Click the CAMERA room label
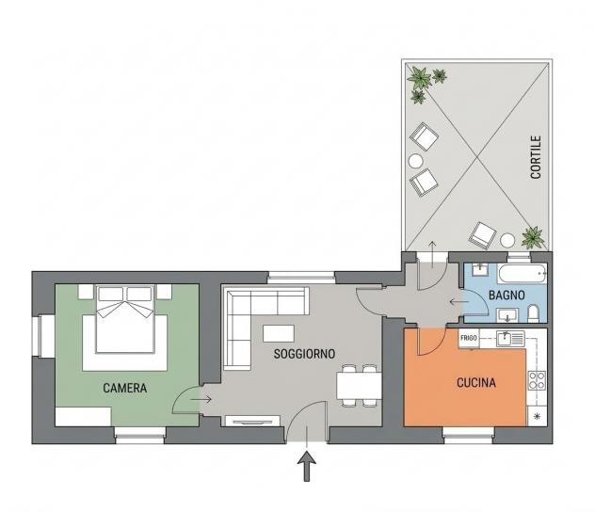coord(125,388)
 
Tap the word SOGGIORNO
coord(304,354)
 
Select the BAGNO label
coord(507,296)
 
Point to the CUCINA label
coord(476,383)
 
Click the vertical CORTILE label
coord(536,157)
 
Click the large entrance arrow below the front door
coord(307,466)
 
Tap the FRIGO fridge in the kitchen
coord(469,338)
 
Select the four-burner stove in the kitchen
coord(537,380)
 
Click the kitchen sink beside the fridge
coord(510,338)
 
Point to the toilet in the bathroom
coord(533,314)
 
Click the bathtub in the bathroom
coord(523,274)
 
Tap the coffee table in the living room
coord(279,333)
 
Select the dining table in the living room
coord(359,386)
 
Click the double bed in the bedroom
coord(125,320)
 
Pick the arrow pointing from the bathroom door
coord(458,302)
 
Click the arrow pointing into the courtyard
coord(432,254)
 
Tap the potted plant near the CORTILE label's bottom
coord(533,237)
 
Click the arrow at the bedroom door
coord(201,399)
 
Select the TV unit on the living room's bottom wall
coord(252,421)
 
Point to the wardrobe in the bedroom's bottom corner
coord(83,416)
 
